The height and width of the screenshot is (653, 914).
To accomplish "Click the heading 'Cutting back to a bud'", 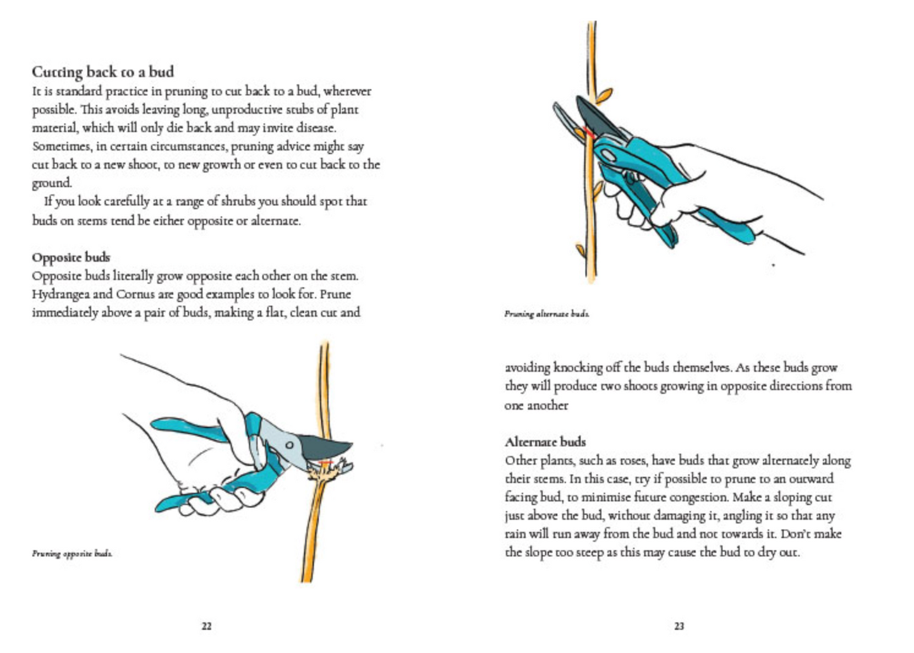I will click(x=102, y=71).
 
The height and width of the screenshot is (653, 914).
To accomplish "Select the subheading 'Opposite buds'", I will click(x=71, y=257).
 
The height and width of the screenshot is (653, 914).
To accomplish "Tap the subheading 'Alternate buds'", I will click(x=545, y=442).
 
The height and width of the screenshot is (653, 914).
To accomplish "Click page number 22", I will click(x=206, y=626).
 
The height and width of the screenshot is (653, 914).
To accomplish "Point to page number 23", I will click(x=679, y=626).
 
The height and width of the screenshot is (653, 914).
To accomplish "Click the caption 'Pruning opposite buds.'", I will click(x=72, y=554).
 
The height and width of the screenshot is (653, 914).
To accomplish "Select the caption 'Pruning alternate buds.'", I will click(x=547, y=314).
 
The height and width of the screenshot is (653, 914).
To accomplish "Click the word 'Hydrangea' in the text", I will click(x=62, y=294).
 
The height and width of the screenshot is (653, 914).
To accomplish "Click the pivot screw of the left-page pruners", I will click(x=288, y=444).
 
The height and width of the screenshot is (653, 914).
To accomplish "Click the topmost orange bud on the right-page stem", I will click(x=604, y=95).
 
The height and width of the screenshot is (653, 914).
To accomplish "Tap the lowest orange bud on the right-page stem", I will click(x=579, y=250).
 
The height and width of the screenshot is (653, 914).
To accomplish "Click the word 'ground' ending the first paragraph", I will click(x=51, y=183).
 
